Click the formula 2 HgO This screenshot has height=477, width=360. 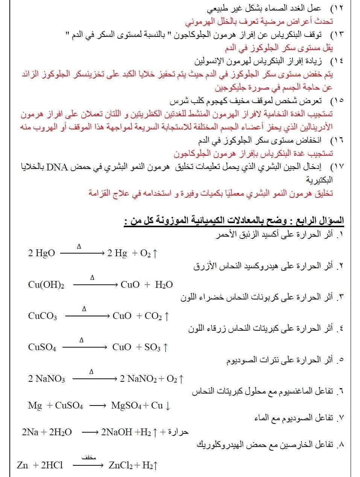click(41, 253)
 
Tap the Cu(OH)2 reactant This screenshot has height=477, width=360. click(46, 284)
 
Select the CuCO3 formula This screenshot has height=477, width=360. click(43, 316)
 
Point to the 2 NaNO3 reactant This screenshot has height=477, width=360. click(46, 378)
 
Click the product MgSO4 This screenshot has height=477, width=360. click(126, 406)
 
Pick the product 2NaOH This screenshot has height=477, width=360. click(115, 432)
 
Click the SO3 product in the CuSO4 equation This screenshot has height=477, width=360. click(153, 347)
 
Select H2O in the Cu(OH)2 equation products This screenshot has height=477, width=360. click(164, 284)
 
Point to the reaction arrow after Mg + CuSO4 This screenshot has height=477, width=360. click(98, 406)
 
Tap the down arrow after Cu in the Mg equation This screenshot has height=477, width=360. click(168, 406)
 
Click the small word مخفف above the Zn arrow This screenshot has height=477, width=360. click(87, 458)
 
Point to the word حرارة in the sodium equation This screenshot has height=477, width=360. click(178, 432)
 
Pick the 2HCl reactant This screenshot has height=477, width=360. click(52, 465)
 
